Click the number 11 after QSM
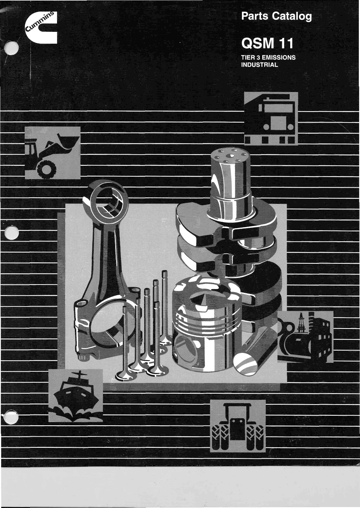(x=286, y=44)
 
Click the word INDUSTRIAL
(x=260, y=65)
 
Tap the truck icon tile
(x=271, y=118)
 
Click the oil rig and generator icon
(x=305, y=337)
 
